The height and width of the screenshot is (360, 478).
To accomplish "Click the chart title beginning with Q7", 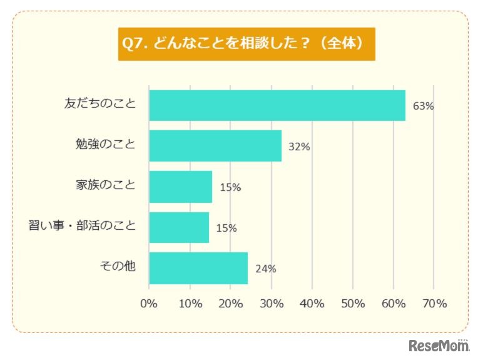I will (247, 44).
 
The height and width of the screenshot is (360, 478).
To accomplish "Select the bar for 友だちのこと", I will (277, 105).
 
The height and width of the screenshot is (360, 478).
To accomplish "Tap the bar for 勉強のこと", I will (215, 146).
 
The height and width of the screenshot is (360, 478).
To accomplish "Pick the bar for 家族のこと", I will (181, 187).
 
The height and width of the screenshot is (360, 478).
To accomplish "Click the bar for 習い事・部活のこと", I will (179, 227).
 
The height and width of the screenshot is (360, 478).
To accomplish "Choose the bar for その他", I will (198, 268).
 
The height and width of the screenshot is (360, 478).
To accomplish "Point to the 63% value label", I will (424, 106).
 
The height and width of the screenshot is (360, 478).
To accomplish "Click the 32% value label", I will (300, 147).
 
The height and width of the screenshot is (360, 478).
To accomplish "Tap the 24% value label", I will (266, 269).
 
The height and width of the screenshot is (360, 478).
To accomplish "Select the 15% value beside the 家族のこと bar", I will (230, 188).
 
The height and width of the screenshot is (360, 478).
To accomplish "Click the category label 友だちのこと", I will (100, 104).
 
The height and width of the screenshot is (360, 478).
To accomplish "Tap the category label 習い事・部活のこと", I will (83, 226).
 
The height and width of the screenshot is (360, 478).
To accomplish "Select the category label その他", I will (118, 267).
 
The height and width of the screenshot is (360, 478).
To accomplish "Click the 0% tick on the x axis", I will (149, 304).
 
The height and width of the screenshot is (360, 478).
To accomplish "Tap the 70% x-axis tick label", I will (435, 304).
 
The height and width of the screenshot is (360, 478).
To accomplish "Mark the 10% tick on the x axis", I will (190, 304).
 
